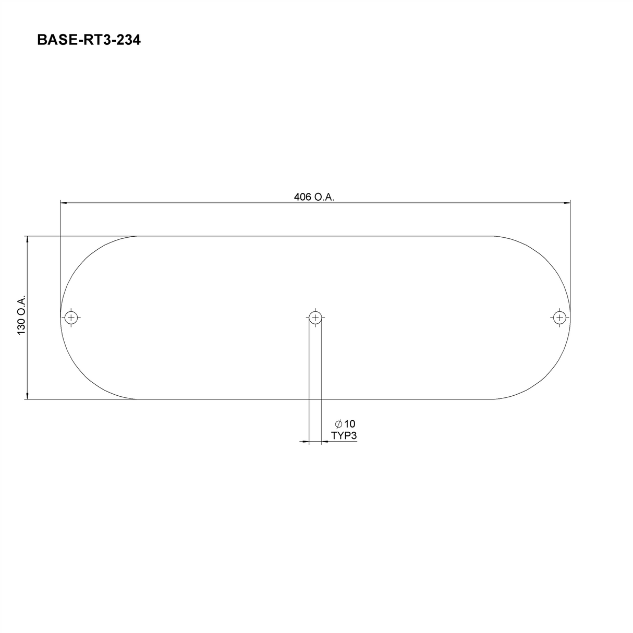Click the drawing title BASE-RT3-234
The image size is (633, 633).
(x=89, y=40)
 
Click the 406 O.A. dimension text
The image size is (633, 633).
(x=314, y=197)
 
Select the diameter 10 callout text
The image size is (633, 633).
(x=345, y=423)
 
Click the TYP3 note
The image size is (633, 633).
(x=344, y=436)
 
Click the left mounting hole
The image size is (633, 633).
(x=71, y=317)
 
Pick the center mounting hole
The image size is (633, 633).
(x=315, y=317)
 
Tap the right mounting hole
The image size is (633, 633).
(x=559, y=317)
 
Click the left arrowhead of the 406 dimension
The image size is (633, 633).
(x=64, y=202)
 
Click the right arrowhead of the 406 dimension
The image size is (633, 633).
(x=567, y=202)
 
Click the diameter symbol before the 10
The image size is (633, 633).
(x=339, y=423)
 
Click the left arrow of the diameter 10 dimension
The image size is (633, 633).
(x=306, y=442)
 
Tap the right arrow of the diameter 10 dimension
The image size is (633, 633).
(x=324, y=442)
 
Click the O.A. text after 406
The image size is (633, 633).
(x=324, y=197)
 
